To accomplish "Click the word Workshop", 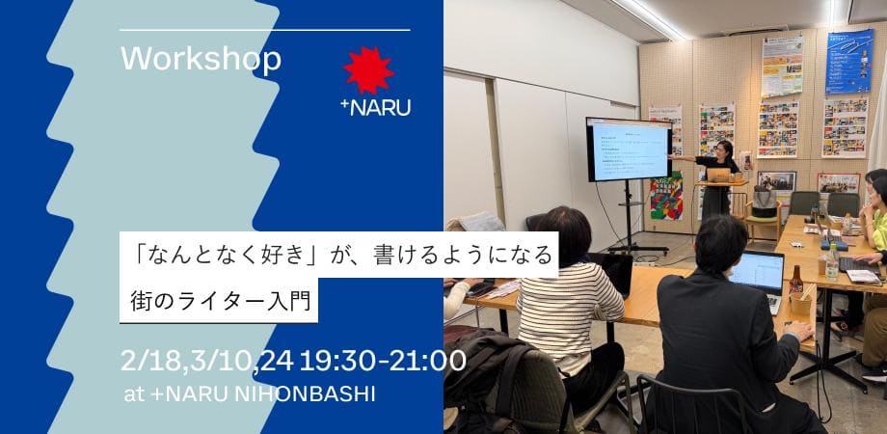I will coord(202,59).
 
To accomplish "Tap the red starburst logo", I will coord(368,69).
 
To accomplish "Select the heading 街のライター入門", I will coord(221,299).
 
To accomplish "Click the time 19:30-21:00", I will coord(383,361).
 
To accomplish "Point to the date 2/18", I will coord(153,361).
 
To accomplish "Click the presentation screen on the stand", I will coord(629,149).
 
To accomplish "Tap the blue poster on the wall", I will coord(848,60).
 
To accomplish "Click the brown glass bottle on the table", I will coord(796,281).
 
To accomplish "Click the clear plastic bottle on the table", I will coord(831,261).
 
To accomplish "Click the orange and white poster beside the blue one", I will coord(782,66).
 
